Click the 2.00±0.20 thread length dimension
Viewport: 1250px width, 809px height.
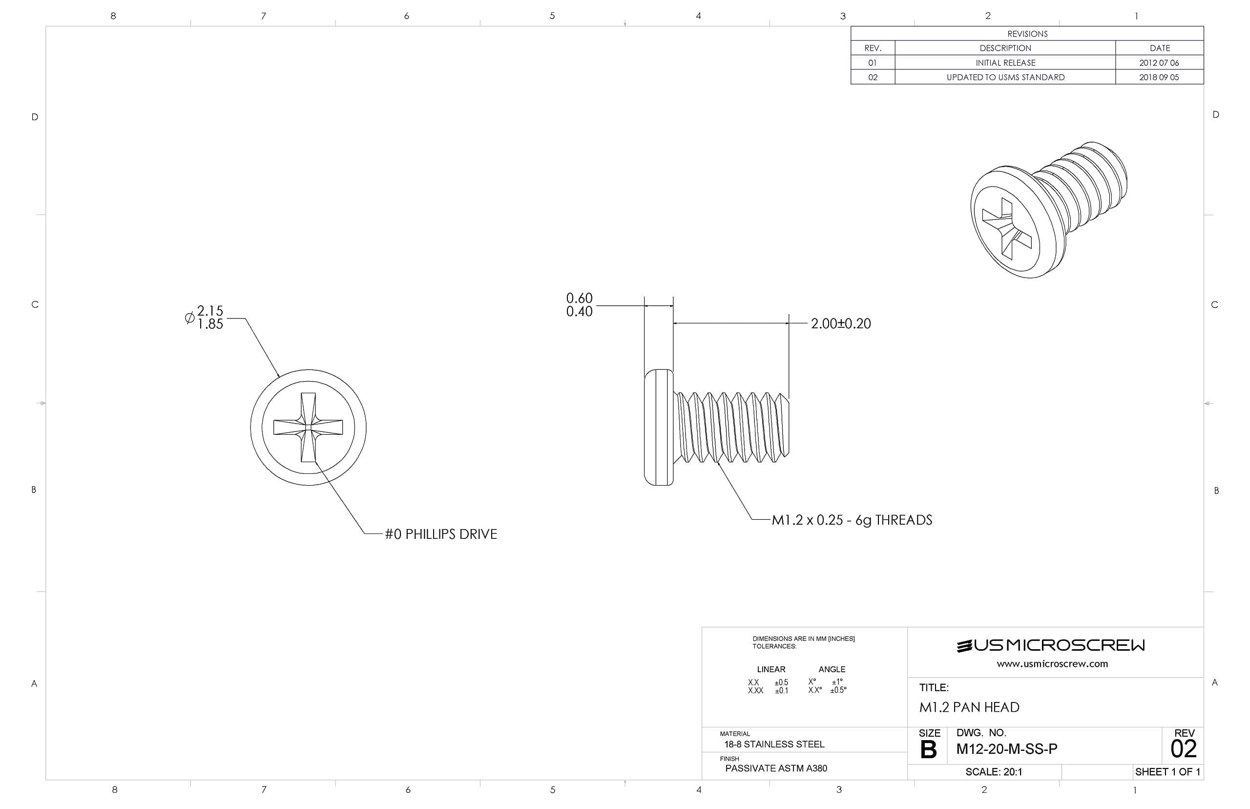pos(840,323)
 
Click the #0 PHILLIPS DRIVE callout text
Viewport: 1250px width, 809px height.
pos(440,534)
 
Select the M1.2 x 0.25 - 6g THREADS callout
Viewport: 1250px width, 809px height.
pos(852,520)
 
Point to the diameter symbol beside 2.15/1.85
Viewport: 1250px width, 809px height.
pos(189,318)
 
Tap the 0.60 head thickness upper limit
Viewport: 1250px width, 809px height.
pos(579,298)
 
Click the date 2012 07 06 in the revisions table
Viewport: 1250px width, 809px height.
pos(1158,63)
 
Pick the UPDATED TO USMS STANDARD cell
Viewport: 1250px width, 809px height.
pos(1005,77)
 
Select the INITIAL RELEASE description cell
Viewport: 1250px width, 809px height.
pos(1005,63)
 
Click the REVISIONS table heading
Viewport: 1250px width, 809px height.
pos(1026,34)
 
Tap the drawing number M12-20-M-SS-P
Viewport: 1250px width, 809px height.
pos(1006,749)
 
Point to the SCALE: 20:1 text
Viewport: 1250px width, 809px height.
pos(993,772)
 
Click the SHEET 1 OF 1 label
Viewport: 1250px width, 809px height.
pos(1167,772)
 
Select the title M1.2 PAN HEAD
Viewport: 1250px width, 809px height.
pos(969,707)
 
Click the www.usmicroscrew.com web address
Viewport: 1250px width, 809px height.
pos(1052,663)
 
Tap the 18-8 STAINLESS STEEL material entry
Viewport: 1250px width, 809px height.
pos(774,744)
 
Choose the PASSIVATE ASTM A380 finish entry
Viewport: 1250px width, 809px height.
pos(775,768)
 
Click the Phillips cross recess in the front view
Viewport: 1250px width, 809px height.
pos(308,427)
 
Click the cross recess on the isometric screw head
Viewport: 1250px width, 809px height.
pos(1006,229)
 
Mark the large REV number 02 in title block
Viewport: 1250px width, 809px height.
pos(1183,748)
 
